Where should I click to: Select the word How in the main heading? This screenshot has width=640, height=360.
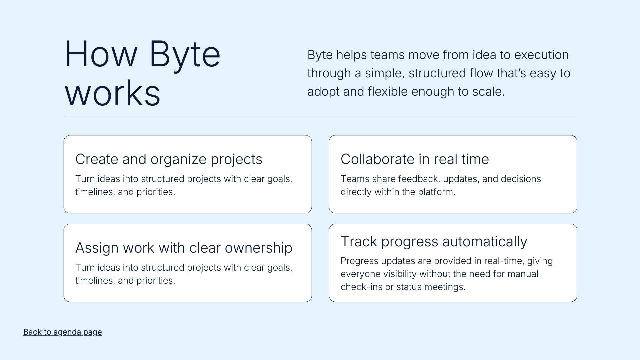pos(101,54)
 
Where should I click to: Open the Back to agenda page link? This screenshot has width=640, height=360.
pos(63,332)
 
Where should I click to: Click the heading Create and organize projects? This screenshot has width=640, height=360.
pos(169,159)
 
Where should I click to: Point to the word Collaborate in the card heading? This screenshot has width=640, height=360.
pos(377,159)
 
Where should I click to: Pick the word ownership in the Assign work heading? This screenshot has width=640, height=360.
pos(259,248)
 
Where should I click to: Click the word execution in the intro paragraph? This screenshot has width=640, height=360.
pos(541,55)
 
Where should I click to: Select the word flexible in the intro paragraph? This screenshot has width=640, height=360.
pos(387,92)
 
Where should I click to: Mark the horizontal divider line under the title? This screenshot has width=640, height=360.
pos(321,117)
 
